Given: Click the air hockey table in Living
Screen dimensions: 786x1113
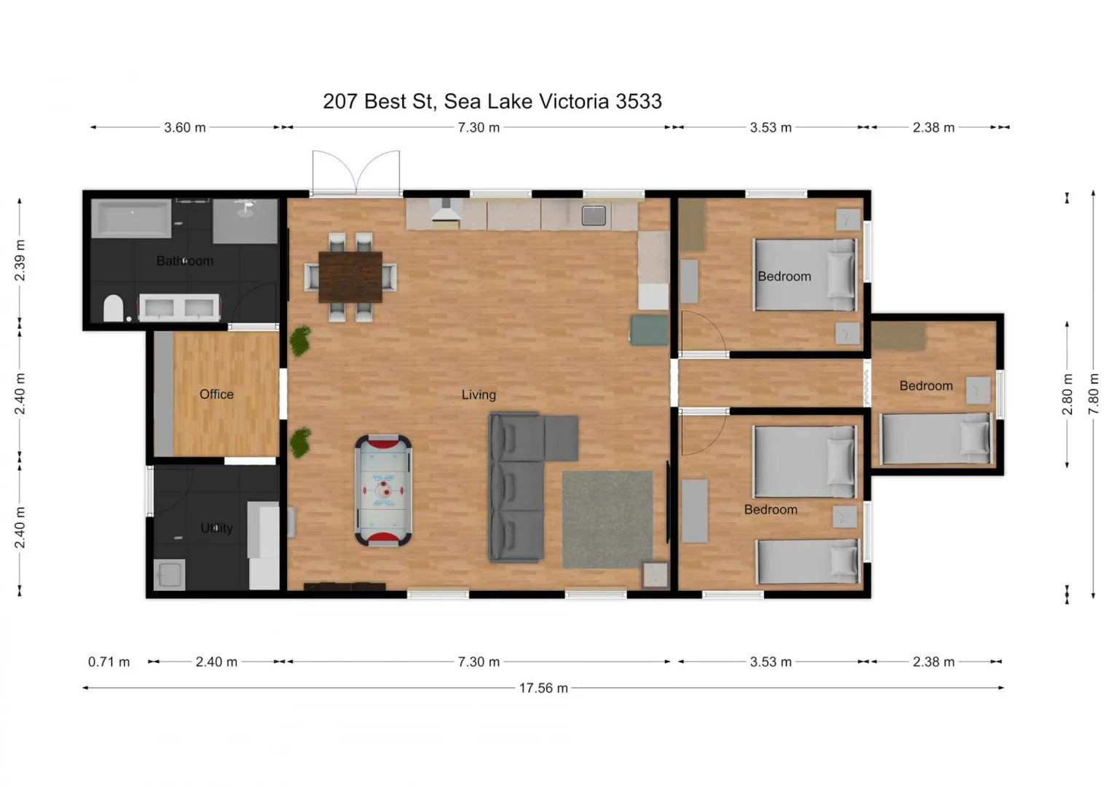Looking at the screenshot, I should point(383,490).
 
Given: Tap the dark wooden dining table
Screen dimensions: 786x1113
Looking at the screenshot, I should point(350,277).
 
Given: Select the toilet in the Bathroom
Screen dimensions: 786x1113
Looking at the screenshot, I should point(113,308).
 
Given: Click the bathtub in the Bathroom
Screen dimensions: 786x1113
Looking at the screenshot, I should point(131,218).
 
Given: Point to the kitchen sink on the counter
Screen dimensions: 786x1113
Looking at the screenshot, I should point(594,215).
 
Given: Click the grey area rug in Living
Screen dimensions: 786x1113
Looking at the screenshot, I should point(607,519).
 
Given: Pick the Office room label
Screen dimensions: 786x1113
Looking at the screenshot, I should point(216,394).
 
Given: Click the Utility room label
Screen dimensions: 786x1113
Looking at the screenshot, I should point(216,528).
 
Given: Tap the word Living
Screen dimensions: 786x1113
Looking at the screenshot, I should point(479,394).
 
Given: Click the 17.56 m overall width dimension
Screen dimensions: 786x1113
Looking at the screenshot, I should point(543,688).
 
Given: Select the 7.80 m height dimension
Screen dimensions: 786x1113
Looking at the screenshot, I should point(1093,394).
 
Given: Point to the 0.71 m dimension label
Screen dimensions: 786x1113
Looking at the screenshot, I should point(109,662).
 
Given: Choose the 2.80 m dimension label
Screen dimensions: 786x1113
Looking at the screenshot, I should point(1067,394).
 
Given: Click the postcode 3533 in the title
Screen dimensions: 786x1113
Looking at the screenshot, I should point(639,101).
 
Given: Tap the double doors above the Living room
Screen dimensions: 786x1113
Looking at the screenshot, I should point(356,173).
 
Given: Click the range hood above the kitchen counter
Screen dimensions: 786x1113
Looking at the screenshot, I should point(446,210).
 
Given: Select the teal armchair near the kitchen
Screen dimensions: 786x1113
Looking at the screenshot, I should point(648,330).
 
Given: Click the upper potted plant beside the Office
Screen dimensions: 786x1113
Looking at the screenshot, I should point(300,341).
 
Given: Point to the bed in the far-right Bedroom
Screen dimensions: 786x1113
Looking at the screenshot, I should point(935,438).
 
